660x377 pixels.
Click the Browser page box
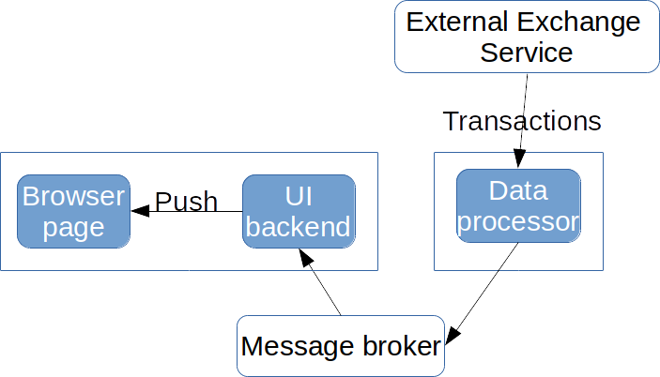click(73, 211)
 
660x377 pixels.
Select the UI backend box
click(299, 211)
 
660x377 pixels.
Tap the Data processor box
click(518, 205)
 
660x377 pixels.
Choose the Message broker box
click(340, 346)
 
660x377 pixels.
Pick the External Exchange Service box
click(526, 37)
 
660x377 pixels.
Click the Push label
click(186, 202)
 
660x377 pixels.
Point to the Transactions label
click(522, 122)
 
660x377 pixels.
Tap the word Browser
click(73, 197)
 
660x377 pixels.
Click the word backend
click(299, 227)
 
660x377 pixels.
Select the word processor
click(518, 222)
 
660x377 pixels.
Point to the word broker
click(395, 346)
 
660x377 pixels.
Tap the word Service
click(526, 52)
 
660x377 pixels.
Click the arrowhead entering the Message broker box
click(452, 334)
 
